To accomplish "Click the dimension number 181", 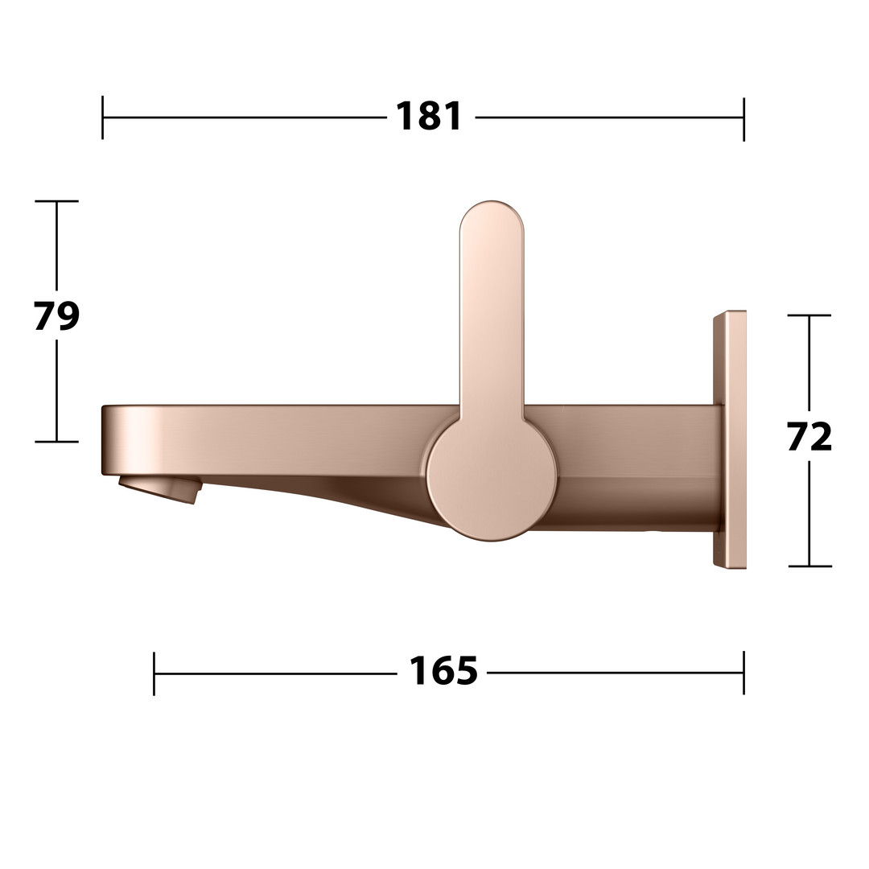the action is (429, 117).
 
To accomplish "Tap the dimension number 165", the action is (443, 671).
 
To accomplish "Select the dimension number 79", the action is (56, 316).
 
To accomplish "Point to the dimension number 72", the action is (809, 437).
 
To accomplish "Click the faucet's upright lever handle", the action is (492, 311).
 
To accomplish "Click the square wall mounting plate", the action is (729, 439).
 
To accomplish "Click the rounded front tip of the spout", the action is (106, 439).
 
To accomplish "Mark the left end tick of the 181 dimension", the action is (102, 117).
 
